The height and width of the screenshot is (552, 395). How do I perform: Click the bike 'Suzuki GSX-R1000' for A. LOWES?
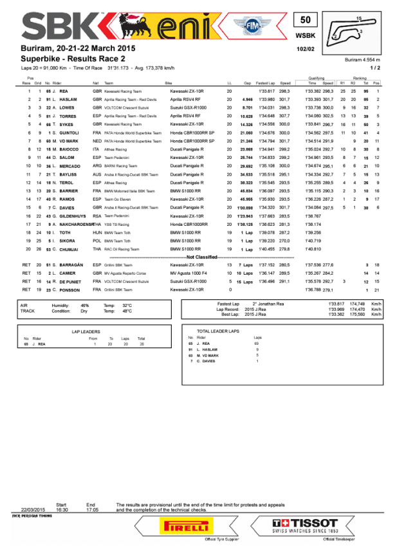(x=188, y=107)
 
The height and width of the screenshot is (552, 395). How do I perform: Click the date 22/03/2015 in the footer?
(x=32, y=509)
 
